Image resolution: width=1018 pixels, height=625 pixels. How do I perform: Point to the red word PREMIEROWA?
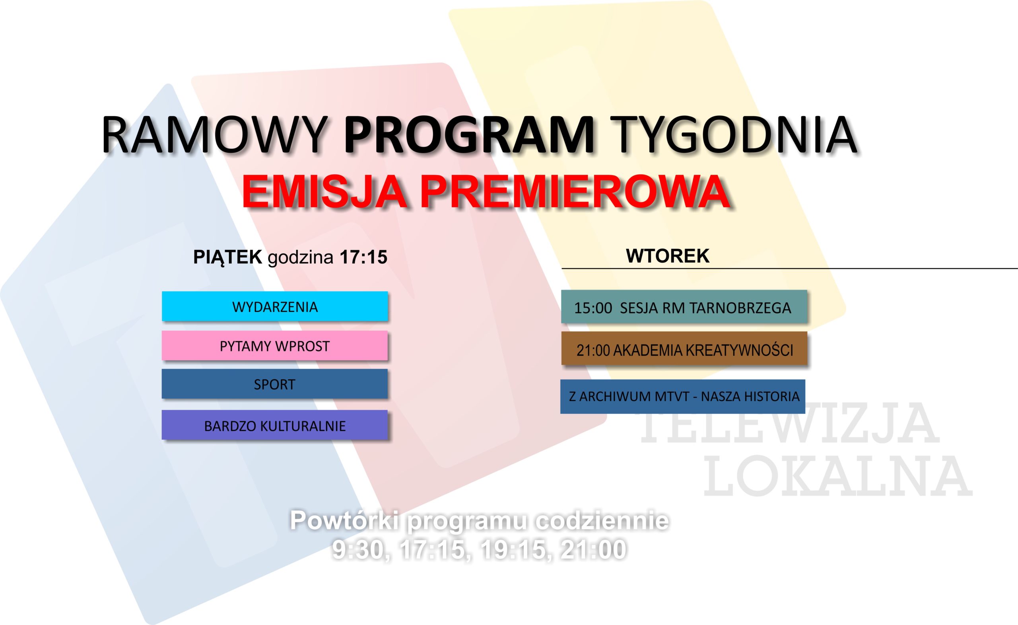574,192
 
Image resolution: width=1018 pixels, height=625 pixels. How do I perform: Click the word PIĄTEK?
227,257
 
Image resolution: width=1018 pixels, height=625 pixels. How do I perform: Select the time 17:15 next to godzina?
363,257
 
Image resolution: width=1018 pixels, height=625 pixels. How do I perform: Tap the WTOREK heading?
668,256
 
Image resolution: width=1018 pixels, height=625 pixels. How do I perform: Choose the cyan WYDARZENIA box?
275,306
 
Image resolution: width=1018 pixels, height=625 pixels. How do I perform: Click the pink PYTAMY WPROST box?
275,345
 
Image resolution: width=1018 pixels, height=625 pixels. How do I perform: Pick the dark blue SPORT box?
275,384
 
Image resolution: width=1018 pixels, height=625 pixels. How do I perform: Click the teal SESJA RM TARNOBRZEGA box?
684,307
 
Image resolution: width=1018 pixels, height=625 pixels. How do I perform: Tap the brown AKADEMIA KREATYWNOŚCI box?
684,348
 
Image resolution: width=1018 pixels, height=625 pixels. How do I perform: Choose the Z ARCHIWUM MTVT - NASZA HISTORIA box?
683,396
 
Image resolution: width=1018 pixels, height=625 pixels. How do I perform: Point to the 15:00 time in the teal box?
593,308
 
